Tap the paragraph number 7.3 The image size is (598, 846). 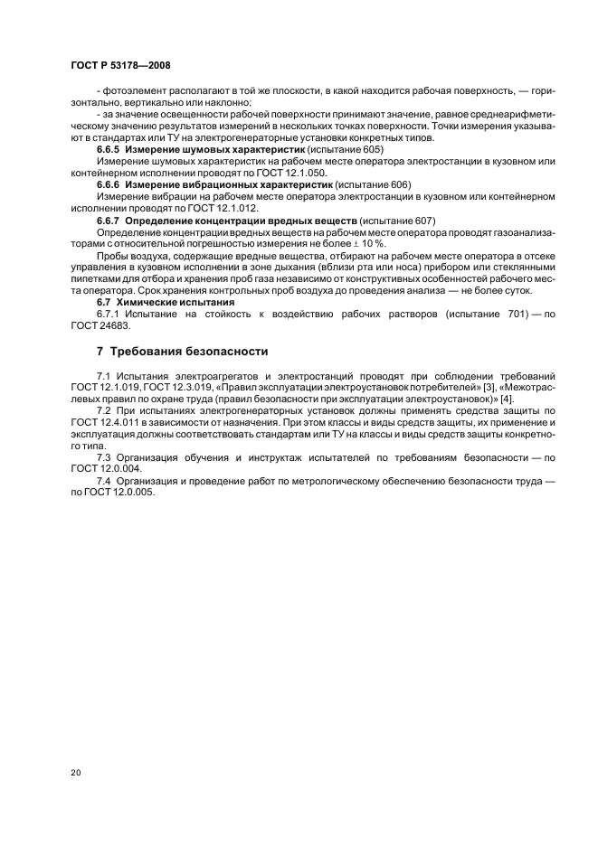[x=105, y=458]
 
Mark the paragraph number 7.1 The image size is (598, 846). [x=105, y=374]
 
